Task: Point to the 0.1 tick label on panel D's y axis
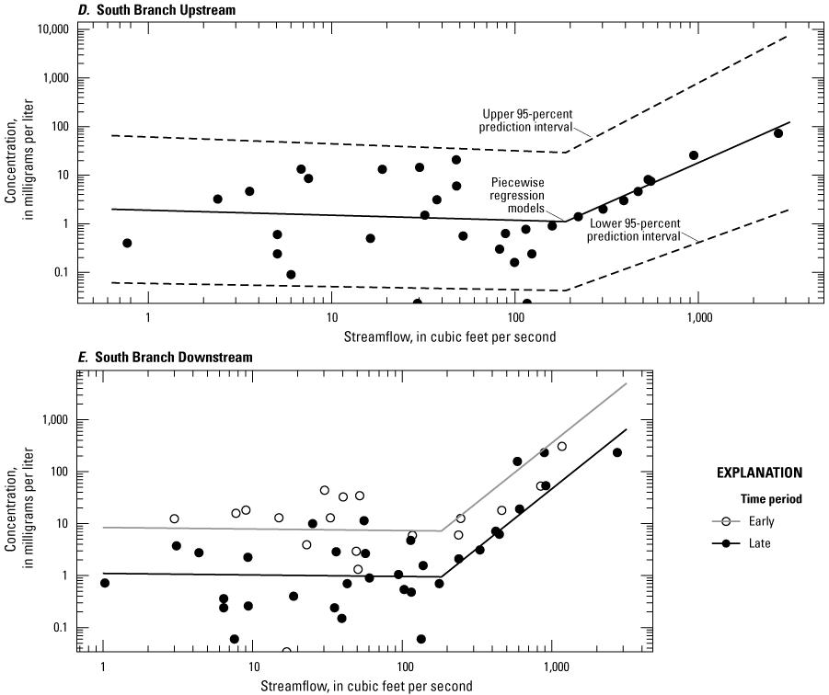coord(62,273)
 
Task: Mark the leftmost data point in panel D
coord(127,243)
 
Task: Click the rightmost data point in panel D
coord(777,133)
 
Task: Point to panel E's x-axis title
coord(354,686)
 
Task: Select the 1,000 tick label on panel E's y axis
coord(61,421)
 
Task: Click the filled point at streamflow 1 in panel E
coord(104,583)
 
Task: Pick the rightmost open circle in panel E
coord(561,447)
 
